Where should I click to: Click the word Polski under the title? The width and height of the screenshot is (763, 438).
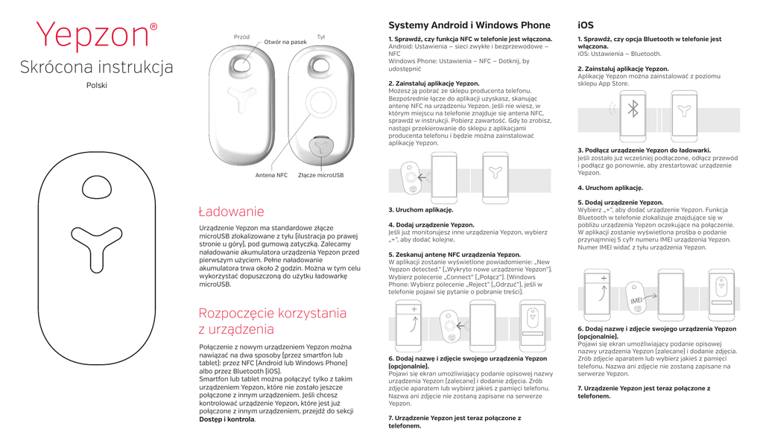(x=97, y=85)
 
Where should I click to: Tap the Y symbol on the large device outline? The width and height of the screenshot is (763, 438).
(x=96, y=248)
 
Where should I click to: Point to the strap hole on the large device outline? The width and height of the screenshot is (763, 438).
(x=97, y=188)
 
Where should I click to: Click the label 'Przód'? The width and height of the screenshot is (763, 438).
(x=241, y=37)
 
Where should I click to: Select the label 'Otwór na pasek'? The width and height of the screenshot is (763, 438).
(x=285, y=42)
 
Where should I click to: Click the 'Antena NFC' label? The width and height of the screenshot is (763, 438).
(x=271, y=175)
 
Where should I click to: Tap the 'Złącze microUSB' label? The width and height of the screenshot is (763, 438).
(x=320, y=175)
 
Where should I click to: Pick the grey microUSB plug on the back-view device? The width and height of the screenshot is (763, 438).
(x=320, y=146)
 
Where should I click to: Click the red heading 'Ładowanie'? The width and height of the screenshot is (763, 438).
(x=231, y=212)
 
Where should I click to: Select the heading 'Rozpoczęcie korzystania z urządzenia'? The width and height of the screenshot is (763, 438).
(x=273, y=321)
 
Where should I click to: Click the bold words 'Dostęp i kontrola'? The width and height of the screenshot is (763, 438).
(x=227, y=419)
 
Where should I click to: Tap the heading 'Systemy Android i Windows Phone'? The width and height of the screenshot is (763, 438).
(x=469, y=25)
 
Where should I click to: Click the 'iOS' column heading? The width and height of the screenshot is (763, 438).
(x=586, y=25)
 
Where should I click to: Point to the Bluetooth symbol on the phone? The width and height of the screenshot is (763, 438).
(x=633, y=109)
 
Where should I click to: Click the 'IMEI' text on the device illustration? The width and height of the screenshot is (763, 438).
(x=636, y=300)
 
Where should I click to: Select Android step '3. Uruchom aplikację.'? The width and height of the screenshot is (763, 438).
(x=421, y=210)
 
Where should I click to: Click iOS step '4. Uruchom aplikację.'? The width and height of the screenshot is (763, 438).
(x=610, y=188)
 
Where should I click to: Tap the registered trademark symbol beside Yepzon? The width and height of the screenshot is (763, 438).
(x=153, y=27)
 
